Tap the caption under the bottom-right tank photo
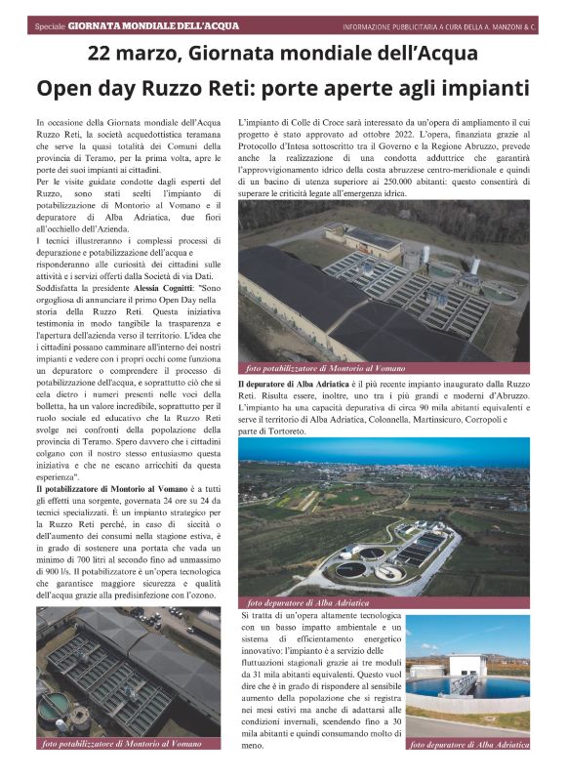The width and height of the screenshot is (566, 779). (470, 744)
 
